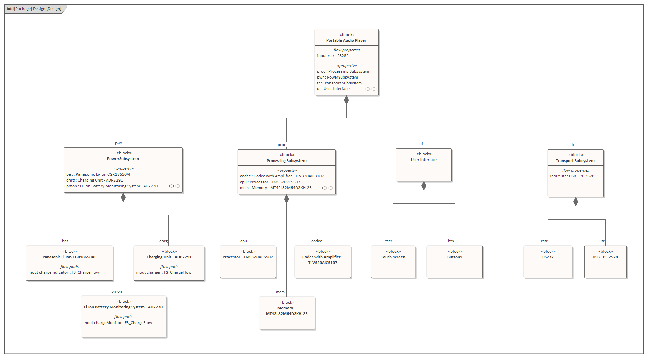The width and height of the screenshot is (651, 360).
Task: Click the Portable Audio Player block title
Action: pos(346,40)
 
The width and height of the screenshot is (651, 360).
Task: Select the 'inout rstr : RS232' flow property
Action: pos(333,56)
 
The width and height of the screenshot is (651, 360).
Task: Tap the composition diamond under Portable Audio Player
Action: pos(346,100)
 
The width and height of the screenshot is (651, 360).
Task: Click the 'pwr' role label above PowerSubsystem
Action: pos(119,143)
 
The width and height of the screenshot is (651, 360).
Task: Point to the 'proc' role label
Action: pos(282,145)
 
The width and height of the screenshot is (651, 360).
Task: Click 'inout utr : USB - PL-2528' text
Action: pos(572,176)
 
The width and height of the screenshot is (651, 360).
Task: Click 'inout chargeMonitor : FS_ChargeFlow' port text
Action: pos(118,323)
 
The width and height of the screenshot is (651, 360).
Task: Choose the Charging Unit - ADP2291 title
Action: pos(169,257)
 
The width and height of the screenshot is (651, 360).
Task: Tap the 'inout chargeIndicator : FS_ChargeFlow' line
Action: pos(64,273)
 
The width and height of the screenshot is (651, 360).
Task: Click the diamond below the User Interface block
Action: pos(424,186)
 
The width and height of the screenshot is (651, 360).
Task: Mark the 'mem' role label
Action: pos(280,292)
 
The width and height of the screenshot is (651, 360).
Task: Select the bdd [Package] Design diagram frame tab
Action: pos(34,9)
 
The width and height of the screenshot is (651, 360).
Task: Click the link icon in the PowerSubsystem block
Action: pos(175,186)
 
